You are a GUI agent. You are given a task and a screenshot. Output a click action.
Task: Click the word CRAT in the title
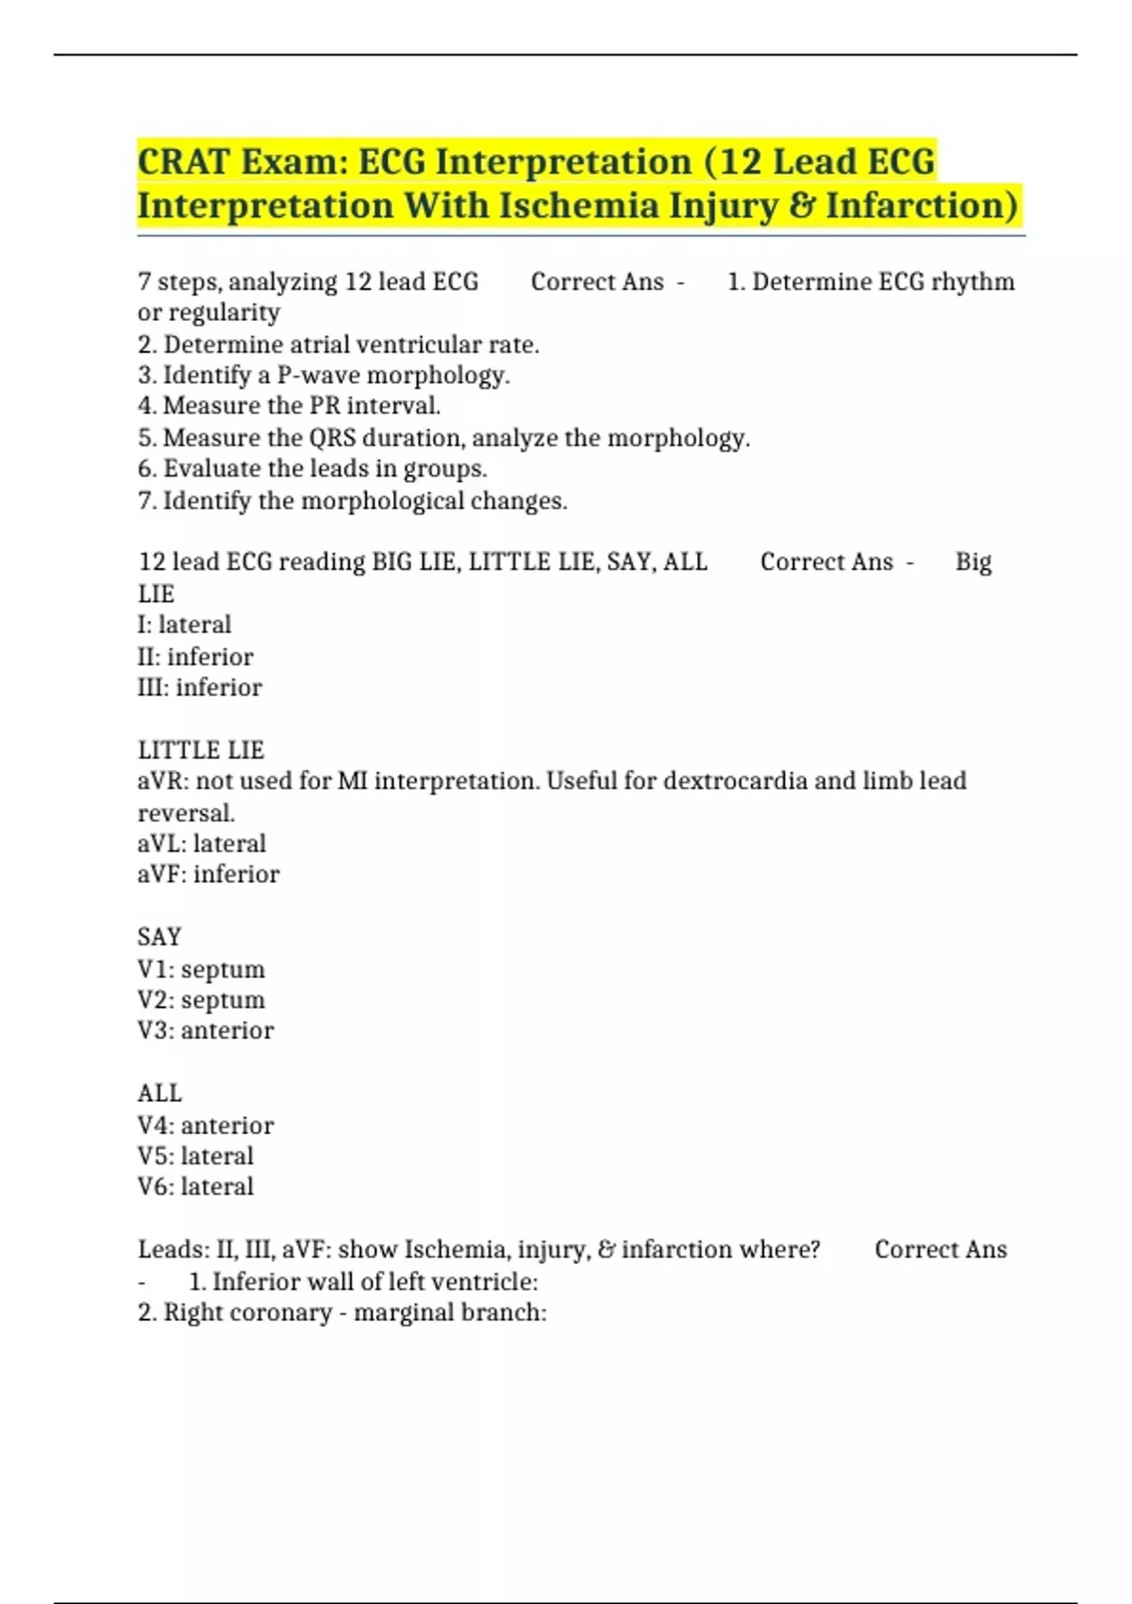pos(183,161)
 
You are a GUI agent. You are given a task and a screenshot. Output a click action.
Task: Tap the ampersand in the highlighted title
pos(800,205)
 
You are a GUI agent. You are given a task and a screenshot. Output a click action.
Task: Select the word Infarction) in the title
pos(923,205)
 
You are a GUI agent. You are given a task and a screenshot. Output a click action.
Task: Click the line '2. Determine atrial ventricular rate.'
pos(339,344)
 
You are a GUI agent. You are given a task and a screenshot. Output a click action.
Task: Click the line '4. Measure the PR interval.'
pos(290,406)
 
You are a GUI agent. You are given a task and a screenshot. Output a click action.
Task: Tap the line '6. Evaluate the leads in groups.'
pos(312,469)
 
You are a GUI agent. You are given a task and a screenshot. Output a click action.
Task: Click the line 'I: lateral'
pos(184,625)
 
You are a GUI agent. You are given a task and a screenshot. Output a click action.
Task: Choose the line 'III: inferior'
pos(200,687)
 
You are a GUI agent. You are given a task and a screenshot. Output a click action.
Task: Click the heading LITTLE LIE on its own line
pos(201,750)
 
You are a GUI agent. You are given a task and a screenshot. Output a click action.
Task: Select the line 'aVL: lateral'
pos(202,844)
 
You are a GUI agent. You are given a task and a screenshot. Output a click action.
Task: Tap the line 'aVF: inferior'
pos(208,875)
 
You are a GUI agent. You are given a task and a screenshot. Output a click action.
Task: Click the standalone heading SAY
pos(159,937)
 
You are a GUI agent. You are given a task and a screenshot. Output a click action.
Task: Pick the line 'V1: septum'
pos(201,969)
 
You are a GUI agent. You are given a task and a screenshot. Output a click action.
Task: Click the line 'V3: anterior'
pos(206,1030)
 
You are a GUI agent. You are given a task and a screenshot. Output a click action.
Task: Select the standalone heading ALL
pos(159,1094)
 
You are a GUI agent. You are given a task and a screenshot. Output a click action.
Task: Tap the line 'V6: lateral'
pos(195,1187)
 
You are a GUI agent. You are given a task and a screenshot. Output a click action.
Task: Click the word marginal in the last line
pos(402,1312)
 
